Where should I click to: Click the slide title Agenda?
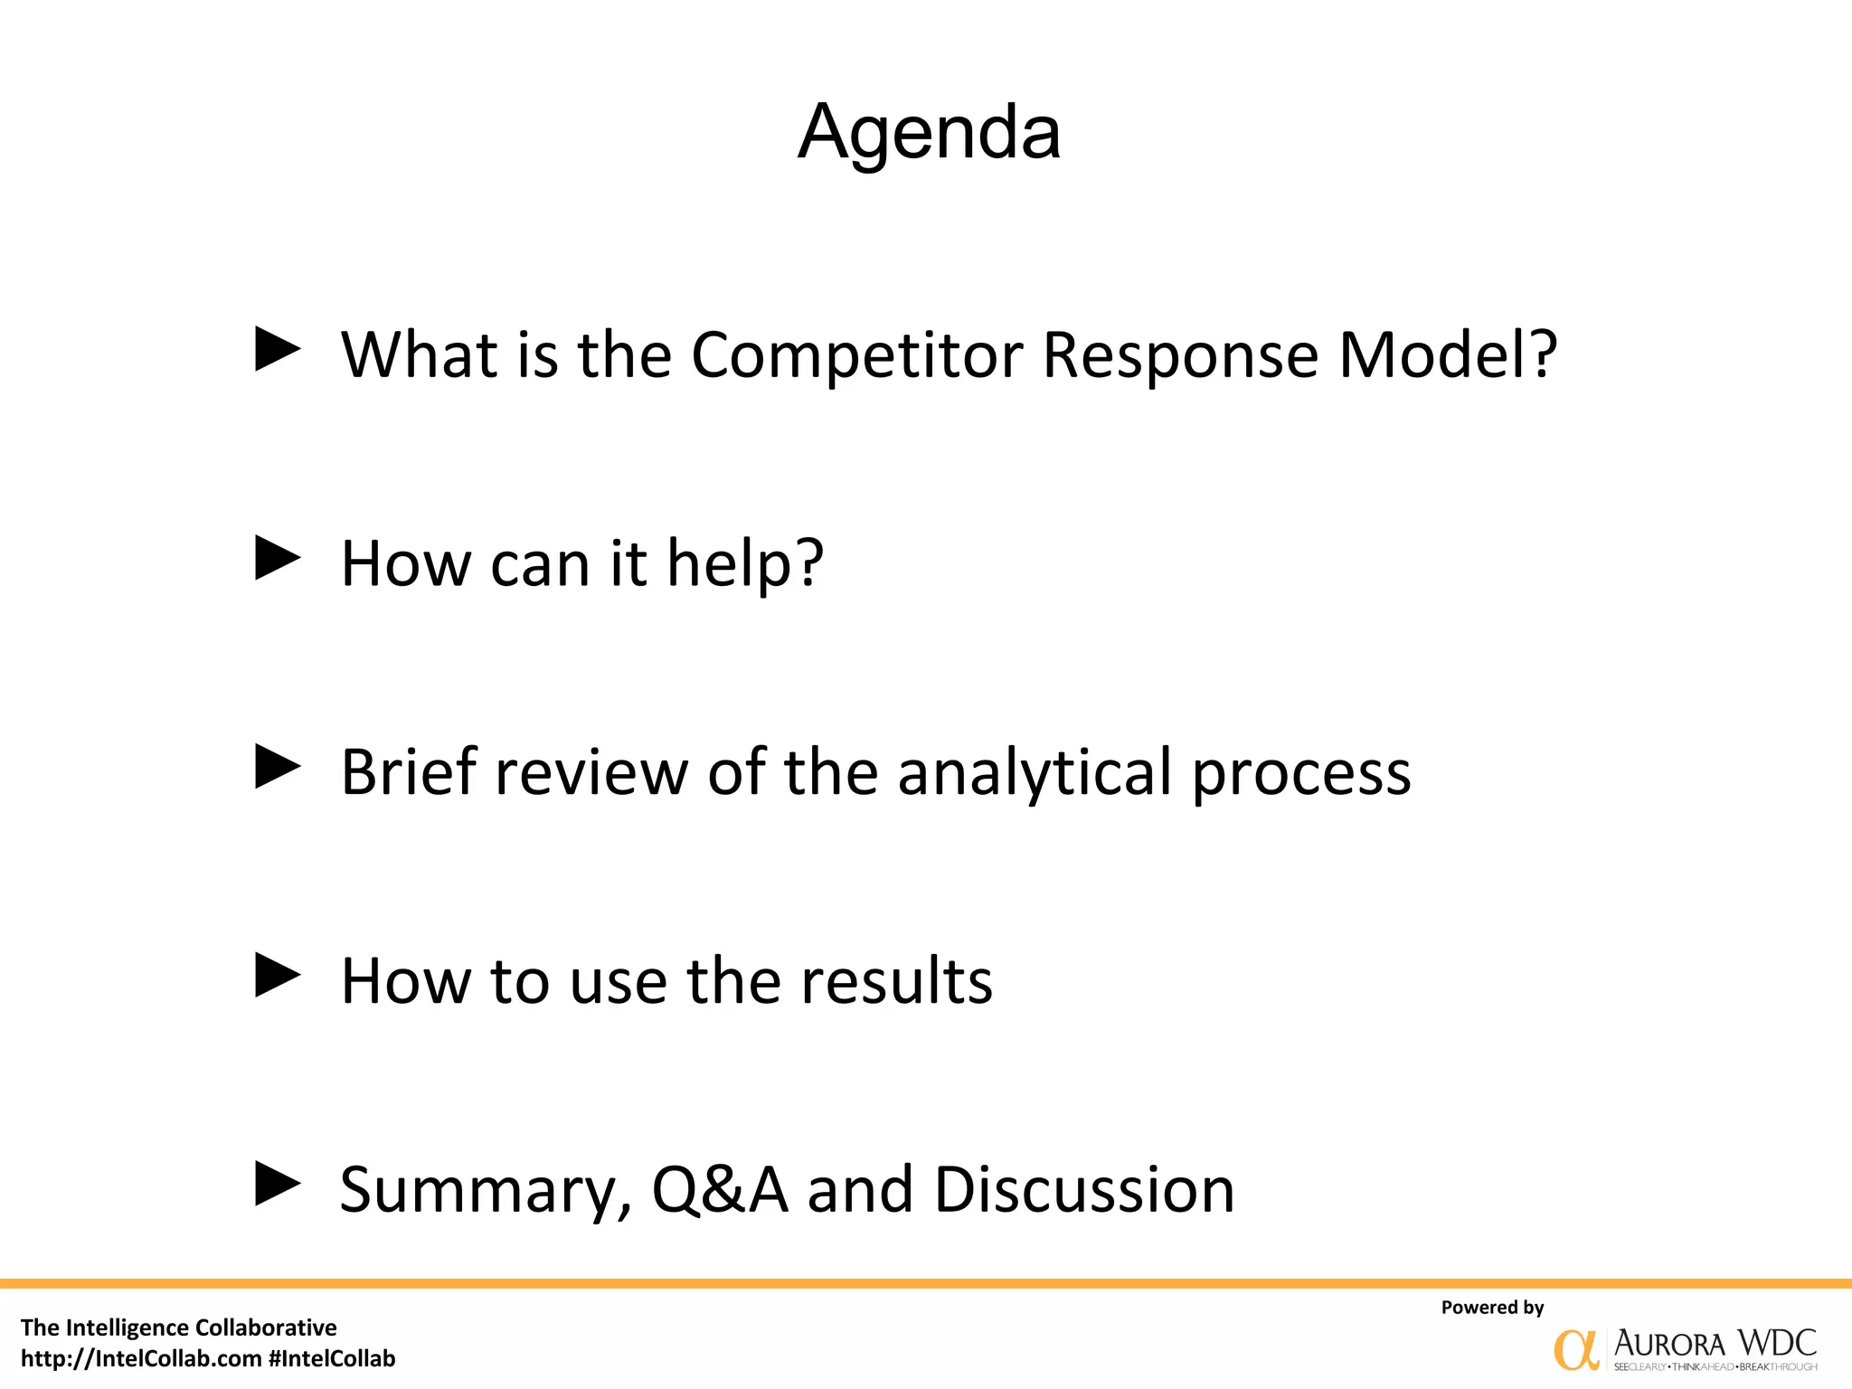929,133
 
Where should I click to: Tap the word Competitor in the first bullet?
856,354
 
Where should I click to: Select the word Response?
1180,354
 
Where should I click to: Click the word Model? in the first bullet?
1448,354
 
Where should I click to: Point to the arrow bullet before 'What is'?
277,349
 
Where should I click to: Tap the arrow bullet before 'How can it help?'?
277,558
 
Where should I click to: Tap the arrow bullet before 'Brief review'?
277,767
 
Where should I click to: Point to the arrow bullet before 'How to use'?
277,976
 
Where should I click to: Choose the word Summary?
486,1192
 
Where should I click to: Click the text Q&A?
720,1190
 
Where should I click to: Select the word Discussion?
1084,1190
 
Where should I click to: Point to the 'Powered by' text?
1492,1307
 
